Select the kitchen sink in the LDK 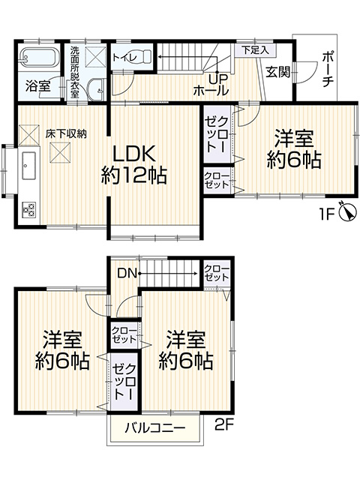[x=28, y=166]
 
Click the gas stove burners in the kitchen [x=28, y=210]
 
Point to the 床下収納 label [x=66, y=133]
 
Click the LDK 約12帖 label [x=134, y=164]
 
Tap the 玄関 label [x=277, y=72]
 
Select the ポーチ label [x=328, y=69]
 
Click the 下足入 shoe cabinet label [x=255, y=50]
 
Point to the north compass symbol [x=348, y=211]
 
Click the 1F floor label [x=327, y=214]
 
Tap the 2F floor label [x=224, y=425]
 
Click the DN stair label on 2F [x=127, y=273]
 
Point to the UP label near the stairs [x=218, y=79]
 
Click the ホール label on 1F [x=211, y=91]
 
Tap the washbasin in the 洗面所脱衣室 [x=96, y=87]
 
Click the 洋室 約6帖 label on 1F [x=294, y=149]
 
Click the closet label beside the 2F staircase [x=217, y=273]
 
